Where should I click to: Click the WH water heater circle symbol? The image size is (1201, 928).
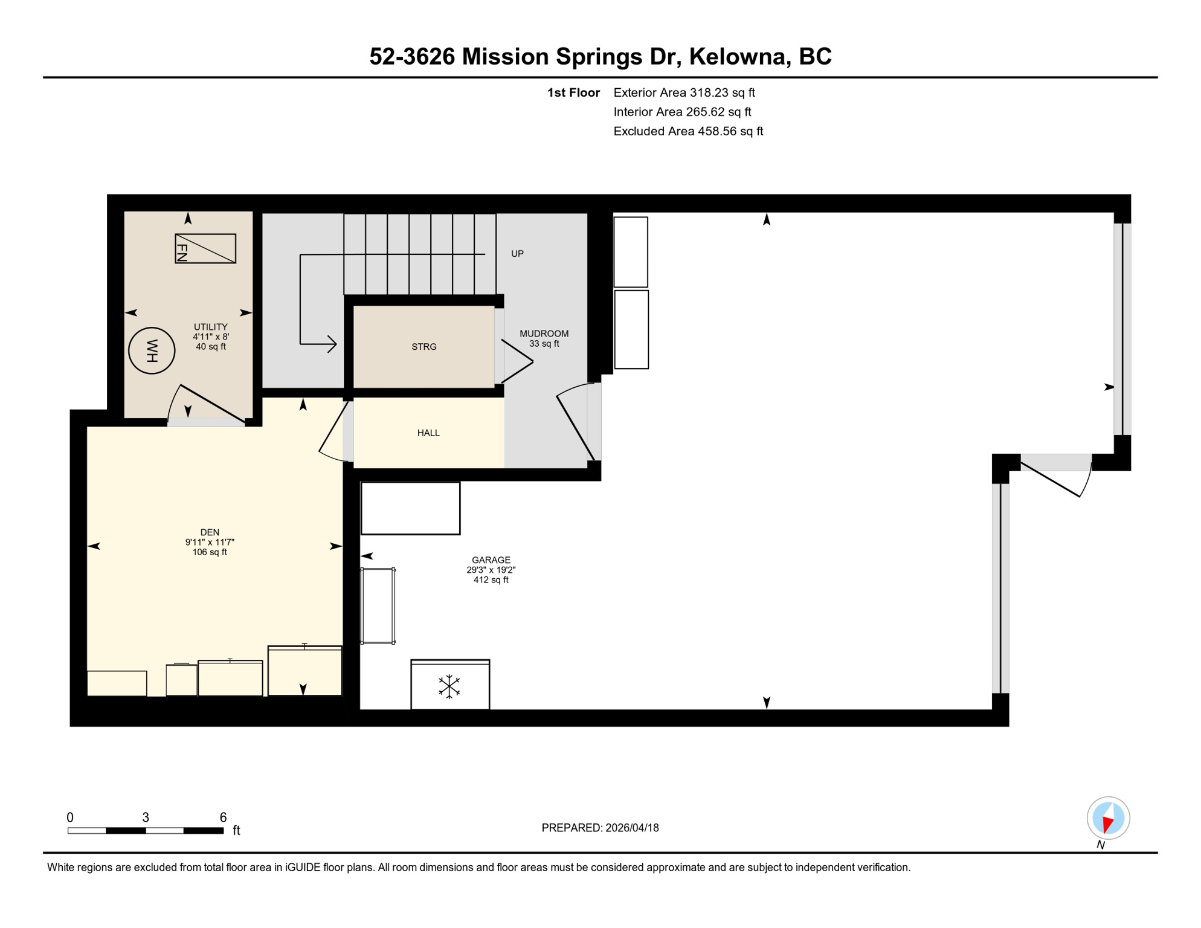coord(152,350)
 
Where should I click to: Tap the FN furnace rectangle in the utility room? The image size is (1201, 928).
coord(205,248)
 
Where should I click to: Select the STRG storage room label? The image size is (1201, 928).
coord(423,347)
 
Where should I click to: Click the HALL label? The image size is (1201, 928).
coord(428,433)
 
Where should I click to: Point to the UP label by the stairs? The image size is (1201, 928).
coord(517,254)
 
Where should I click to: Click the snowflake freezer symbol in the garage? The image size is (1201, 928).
coord(449,687)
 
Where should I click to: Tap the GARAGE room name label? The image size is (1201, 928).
coord(491,560)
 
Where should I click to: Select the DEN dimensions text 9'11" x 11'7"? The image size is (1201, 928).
coord(210,543)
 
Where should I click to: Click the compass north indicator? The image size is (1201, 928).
coord(1108,819)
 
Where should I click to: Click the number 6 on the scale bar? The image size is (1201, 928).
coord(223,817)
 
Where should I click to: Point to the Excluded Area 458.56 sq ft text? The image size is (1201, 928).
coord(688,131)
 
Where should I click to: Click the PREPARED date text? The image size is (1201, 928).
coord(600,828)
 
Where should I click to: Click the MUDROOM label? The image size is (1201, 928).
coord(544,333)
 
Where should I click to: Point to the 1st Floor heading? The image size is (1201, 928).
coord(573,92)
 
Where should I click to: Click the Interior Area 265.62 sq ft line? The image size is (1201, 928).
coord(682,112)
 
